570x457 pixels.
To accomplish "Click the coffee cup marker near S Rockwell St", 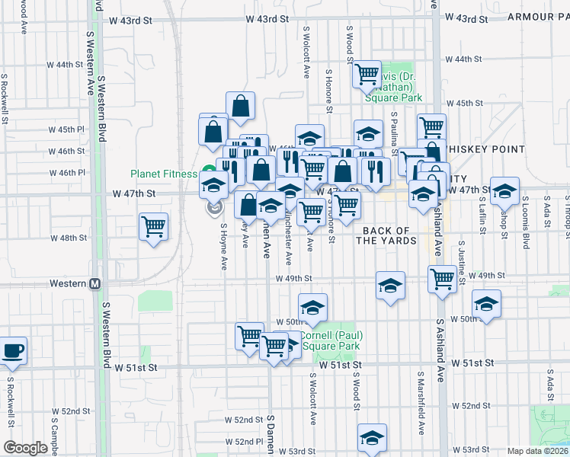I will (12, 351).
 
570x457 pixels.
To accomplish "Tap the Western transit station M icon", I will (95, 283).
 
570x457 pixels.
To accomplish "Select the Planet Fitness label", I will (163, 173).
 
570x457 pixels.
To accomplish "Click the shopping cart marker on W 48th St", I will (154, 225).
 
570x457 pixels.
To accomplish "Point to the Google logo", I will (25, 448).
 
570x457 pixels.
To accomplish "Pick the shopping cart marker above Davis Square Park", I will (367, 74).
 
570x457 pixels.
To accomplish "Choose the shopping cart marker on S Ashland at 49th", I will (442, 279).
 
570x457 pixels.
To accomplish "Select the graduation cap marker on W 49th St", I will (390, 286).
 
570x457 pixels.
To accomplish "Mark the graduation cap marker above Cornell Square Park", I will (312, 307).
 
